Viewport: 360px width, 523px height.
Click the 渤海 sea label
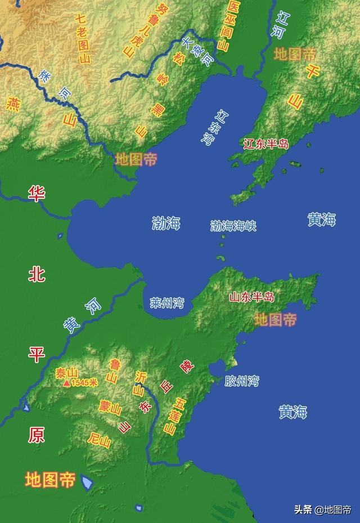(166, 223)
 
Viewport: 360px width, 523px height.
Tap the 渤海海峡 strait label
(233, 226)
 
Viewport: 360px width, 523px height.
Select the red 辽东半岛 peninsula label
(266, 144)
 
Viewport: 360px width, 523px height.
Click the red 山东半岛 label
(251, 297)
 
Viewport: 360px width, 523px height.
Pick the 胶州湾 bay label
(242, 381)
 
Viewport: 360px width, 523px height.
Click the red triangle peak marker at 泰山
(66, 383)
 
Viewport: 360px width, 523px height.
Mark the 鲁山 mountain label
(113, 370)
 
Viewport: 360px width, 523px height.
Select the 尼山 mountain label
(100, 439)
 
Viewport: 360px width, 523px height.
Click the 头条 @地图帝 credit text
(322, 510)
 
